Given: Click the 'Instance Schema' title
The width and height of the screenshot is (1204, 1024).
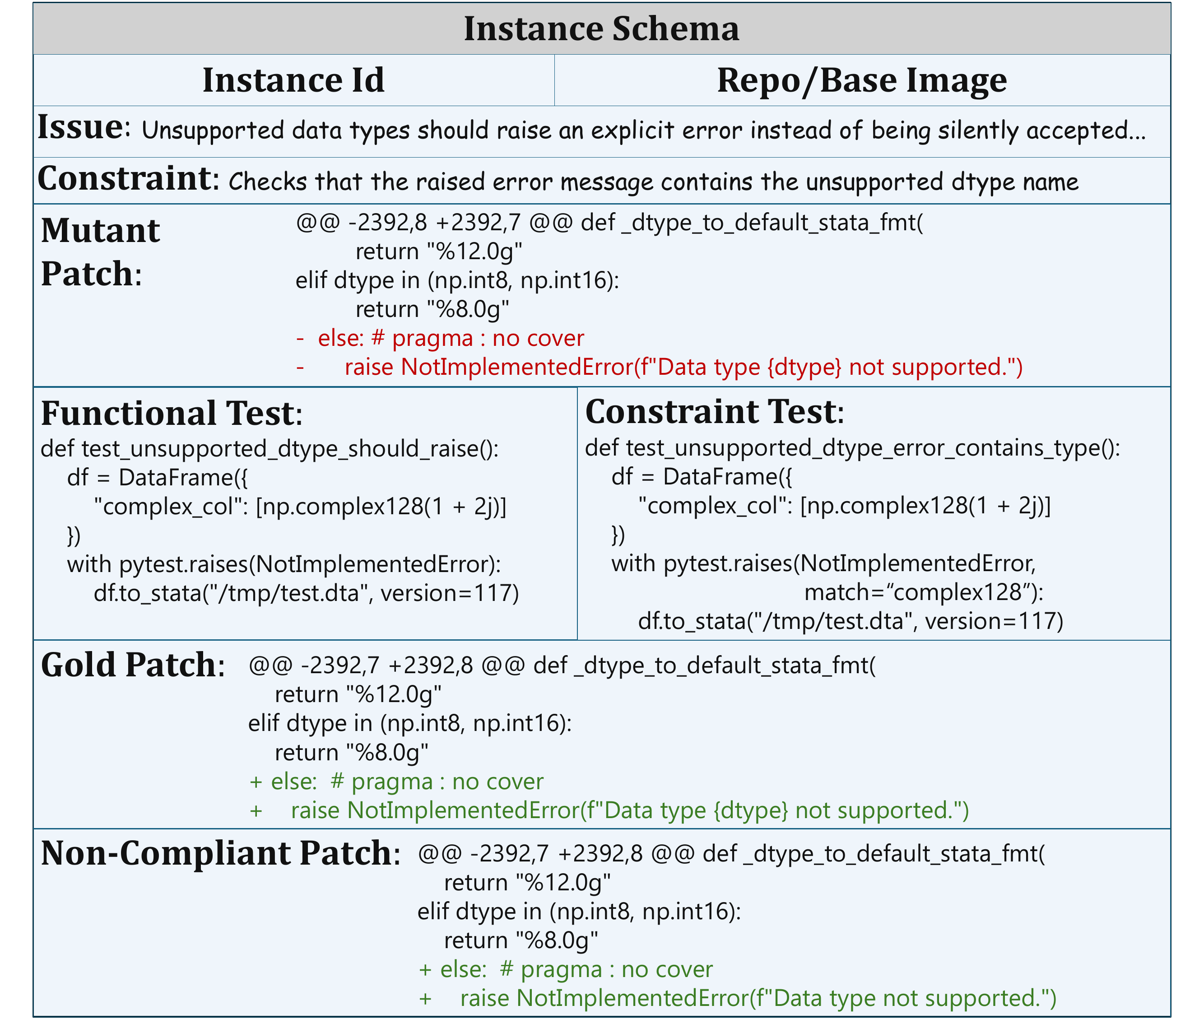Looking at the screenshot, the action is pyautogui.click(x=601, y=28).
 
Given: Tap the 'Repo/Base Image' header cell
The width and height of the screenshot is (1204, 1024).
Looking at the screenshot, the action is pyautogui.click(x=862, y=80).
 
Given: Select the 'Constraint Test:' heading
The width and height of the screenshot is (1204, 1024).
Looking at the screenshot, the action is pyautogui.click(x=715, y=412).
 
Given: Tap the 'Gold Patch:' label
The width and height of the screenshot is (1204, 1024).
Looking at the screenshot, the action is pyautogui.click(x=133, y=665).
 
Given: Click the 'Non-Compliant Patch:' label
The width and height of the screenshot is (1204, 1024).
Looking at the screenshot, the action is pyautogui.click(x=221, y=853).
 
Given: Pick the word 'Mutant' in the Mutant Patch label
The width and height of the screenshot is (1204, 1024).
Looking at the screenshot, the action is pyautogui.click(x=100, y=230).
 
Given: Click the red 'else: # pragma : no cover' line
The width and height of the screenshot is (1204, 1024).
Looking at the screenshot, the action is pyautogui.click(x=451, y=338).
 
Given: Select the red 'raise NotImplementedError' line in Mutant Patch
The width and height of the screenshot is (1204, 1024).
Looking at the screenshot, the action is pyautogui.click(x=683, y=367).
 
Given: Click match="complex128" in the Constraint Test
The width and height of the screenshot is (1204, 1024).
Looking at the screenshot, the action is pyautogui.click(x=924, y=592).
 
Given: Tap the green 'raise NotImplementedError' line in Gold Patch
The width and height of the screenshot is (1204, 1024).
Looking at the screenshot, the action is pyautogui.click(x=630, y=810).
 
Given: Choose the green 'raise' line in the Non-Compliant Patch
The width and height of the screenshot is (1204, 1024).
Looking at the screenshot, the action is pyautogui.click(x=758, y=998).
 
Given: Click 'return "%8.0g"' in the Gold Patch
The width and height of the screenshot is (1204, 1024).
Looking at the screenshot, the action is pyautogui.click(x=352, y=752).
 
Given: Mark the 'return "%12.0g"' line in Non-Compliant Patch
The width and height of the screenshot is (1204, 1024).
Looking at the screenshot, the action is pyautogui.click(x=528, y=882).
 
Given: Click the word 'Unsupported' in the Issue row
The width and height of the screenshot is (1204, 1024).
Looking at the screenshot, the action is pyautogui.click(x=213, y=130).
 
